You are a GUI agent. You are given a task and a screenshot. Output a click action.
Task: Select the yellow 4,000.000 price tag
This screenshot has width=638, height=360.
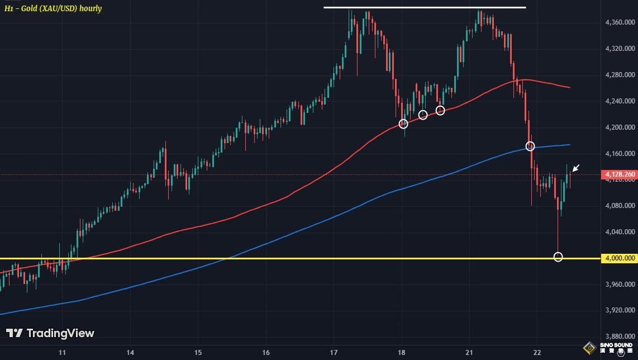tap(620, 258)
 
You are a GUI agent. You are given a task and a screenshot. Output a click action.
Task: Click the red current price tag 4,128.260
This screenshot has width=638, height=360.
tap(620, 175)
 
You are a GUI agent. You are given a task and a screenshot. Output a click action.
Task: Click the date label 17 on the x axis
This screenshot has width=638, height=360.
tap(334, 353)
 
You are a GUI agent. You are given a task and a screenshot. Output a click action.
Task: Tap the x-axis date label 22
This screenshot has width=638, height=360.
tap(537, 353)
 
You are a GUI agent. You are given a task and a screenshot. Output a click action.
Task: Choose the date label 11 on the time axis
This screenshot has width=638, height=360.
tap(63, 353)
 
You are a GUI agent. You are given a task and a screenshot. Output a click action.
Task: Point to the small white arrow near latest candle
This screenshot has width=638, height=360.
tap(577, 167)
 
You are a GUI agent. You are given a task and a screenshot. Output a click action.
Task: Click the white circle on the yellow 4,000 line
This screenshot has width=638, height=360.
tap(558, 257)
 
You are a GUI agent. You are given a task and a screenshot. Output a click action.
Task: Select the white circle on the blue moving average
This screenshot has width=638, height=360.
tap(530, 146)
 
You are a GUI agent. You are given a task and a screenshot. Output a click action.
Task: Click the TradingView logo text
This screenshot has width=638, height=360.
tap(50, 333)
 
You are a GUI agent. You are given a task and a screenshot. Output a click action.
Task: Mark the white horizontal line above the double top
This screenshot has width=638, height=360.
tap(425, 7)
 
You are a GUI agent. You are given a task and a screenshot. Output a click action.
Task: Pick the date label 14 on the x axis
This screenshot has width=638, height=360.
tap(130, 353)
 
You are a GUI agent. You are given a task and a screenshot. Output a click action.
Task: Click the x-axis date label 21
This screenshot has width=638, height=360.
tap(469, 353)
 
